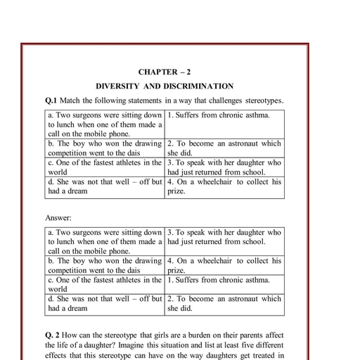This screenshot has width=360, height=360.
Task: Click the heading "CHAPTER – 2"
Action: (164, 72)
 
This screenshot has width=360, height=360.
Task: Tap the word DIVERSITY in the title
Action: (119, 86)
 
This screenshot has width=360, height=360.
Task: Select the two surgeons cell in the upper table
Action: (104, 122)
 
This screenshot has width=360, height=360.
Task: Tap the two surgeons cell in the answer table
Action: (104, 240)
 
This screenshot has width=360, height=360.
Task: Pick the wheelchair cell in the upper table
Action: (224, 186)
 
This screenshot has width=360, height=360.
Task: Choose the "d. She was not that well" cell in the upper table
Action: (104, 186)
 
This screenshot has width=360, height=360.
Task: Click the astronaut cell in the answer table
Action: (224, 303)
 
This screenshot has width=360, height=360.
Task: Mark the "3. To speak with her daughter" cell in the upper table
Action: (224, 167)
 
